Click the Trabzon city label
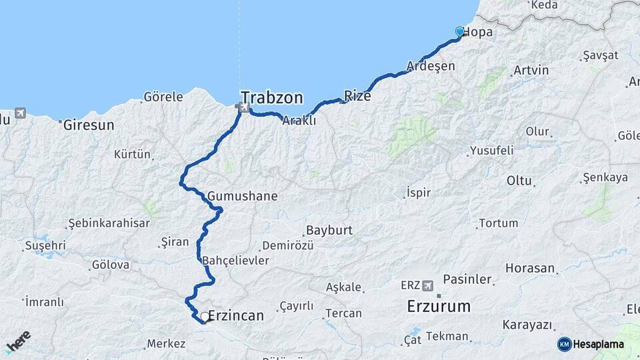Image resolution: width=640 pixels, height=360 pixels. coord(272,97)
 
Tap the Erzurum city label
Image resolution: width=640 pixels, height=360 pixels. coord(439,307)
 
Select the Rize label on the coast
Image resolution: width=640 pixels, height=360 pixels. coord(357,95)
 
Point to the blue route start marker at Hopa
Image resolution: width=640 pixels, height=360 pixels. coord(459,31)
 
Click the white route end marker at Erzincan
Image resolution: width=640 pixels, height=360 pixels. coord(205,317)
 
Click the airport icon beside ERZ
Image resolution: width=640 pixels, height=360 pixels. coord(430,285)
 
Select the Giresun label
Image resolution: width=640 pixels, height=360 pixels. coord(88,125)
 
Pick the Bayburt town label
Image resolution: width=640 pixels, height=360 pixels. coord(329,231)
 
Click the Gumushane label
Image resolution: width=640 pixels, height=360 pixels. coord(242,197)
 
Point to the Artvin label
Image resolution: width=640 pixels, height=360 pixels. coord(531,70)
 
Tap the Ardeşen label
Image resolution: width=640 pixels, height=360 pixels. coord(431,66)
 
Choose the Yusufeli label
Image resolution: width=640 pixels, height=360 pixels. coord(491,151)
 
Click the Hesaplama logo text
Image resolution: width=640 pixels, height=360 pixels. coord(598,344)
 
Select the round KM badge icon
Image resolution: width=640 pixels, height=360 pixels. coord(565,344)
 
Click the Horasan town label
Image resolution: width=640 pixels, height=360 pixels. coord(530,269)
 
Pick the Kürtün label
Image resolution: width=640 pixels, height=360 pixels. coord(132,155)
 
